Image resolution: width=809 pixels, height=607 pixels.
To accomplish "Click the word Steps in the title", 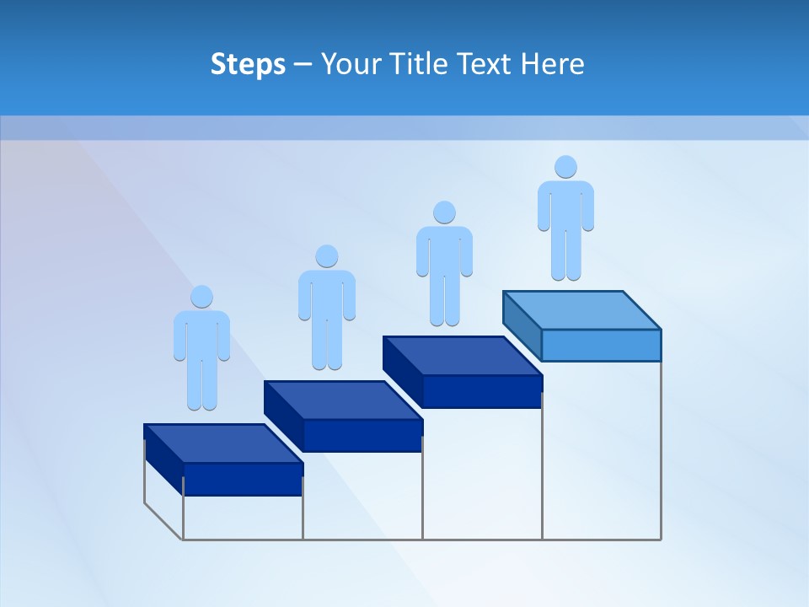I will [x=248, y=64].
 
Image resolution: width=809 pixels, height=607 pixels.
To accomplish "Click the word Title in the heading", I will [x=426, y=64].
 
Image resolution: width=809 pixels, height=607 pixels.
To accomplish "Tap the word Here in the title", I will [x=553, y=64].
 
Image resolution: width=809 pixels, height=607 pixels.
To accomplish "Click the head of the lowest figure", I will [x=201, y=297].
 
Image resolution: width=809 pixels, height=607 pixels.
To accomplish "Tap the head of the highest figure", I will [x=565, y=167].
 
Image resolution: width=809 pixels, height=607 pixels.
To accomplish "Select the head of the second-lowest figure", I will [x=326, y=256].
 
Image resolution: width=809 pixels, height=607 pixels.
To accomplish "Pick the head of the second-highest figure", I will [x=444, y=212].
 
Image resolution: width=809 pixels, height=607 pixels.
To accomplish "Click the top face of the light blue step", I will [x=581, y=309].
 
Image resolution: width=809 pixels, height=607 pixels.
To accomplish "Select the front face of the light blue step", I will [x=601, y=345].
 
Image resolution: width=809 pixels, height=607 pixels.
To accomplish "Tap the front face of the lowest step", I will [x=243, y=479].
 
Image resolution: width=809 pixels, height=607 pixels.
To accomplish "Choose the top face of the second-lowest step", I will [x=343, y=400].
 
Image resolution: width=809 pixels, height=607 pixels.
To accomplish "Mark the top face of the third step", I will [x=462, y=355].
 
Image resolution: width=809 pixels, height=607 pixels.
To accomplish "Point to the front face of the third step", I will [x=482, y=391].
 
